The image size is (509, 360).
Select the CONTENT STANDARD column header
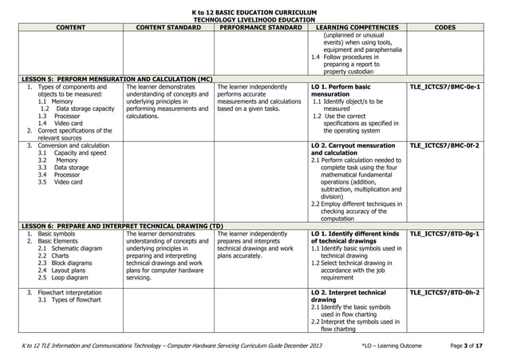tap(169, 27)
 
